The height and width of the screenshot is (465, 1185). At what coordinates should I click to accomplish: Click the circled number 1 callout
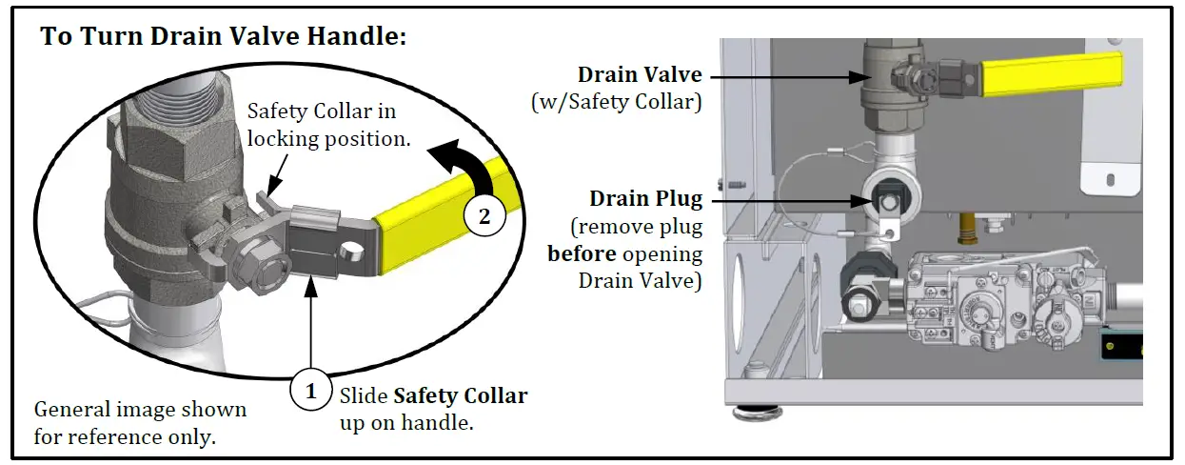click(309, 391)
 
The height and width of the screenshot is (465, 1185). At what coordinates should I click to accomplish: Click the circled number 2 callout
click(484, 216)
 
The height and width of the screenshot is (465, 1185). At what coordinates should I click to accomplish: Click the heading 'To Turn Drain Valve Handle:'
click(224, 38)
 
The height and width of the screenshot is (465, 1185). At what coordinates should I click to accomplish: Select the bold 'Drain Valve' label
click(640, 74)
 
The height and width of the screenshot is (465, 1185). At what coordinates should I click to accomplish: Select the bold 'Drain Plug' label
click(646, 199)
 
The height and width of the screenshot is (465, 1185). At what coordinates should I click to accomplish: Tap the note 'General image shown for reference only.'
click(140, 422)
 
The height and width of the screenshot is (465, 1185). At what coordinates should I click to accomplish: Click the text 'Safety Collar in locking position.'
click(327, 126)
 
